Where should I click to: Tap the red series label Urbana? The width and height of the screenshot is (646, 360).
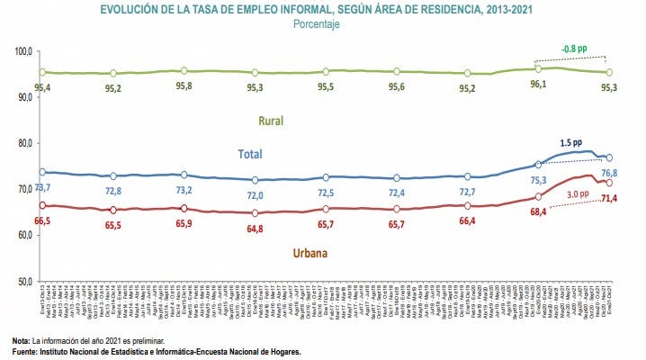(309, 253)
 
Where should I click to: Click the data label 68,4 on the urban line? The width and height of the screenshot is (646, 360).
(536, 211)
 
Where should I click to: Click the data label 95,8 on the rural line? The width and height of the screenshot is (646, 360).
(184, 86)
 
